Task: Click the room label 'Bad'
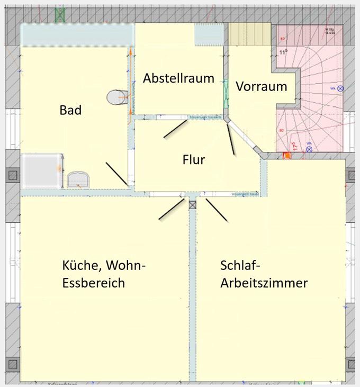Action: coord(70,110)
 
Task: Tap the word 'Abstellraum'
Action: coord(178,78)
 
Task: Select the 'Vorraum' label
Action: coord(262,86)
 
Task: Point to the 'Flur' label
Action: coord(193,159)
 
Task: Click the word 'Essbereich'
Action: coord(93,283)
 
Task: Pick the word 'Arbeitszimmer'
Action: coord(264,283)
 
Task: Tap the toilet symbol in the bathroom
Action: coord(115,97)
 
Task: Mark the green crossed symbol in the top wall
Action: coord(60,15)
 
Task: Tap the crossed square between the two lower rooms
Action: coord(192,204)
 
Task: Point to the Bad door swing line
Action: coord(117,173)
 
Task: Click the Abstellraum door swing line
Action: coord(175,129)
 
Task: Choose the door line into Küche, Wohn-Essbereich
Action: coord(172,209)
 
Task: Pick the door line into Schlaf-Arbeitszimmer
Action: coord(217,210)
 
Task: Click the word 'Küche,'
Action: coord(80,265)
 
